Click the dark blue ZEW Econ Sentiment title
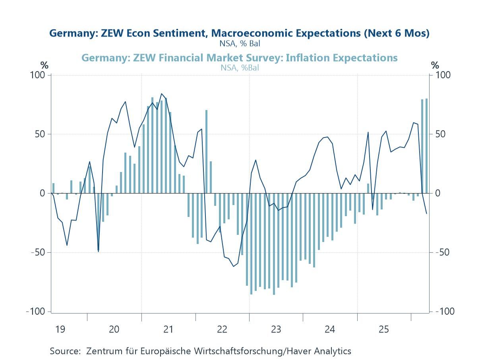(x=239, y=33)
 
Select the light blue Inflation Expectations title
(x=239, y=58)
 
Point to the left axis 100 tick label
(x=39, y=75)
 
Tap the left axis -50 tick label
(x=38, y=253)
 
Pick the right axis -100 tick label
(x=445, y=312)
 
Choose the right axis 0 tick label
(x=438, y=194)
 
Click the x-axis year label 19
(x=60, y=329)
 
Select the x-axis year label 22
(x=222, y=329)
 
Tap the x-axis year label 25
(x=383, y=329)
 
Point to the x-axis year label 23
(x=276, y=329)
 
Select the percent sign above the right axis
(x=435, y=65)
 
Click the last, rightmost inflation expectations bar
(x=426, y=146)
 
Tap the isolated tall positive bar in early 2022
(x=207, y=151)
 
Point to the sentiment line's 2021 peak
(x=161, y=94)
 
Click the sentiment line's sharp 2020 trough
(x=99, y=251)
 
